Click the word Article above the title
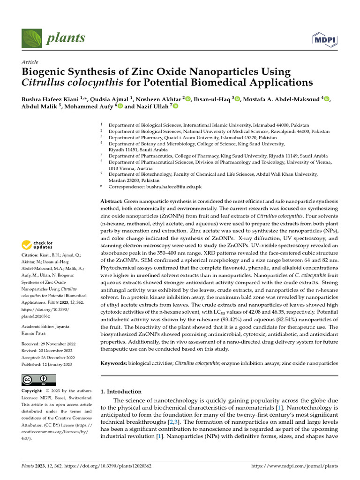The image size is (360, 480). point(30,62)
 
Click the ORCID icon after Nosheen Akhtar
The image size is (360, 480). point(188,98)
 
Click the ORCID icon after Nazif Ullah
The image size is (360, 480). point(176,106)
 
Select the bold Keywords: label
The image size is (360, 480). point(114,363)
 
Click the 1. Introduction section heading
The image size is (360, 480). point(121,391)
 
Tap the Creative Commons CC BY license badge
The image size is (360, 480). point(38,380)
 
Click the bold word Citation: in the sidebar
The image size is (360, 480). point(31,255)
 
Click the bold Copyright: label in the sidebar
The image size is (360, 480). point(34,391)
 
